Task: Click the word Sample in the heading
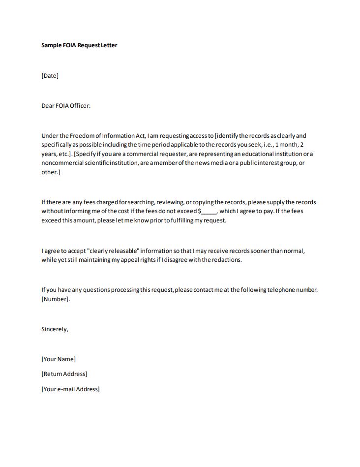52,45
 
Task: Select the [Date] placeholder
50,76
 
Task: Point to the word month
288,145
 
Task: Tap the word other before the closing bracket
49,172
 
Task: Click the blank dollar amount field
209,212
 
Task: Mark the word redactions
226,260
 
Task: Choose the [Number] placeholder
55,299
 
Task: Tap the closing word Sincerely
55,329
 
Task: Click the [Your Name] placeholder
59,359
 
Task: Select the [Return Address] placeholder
64,374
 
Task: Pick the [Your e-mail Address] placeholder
70,389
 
